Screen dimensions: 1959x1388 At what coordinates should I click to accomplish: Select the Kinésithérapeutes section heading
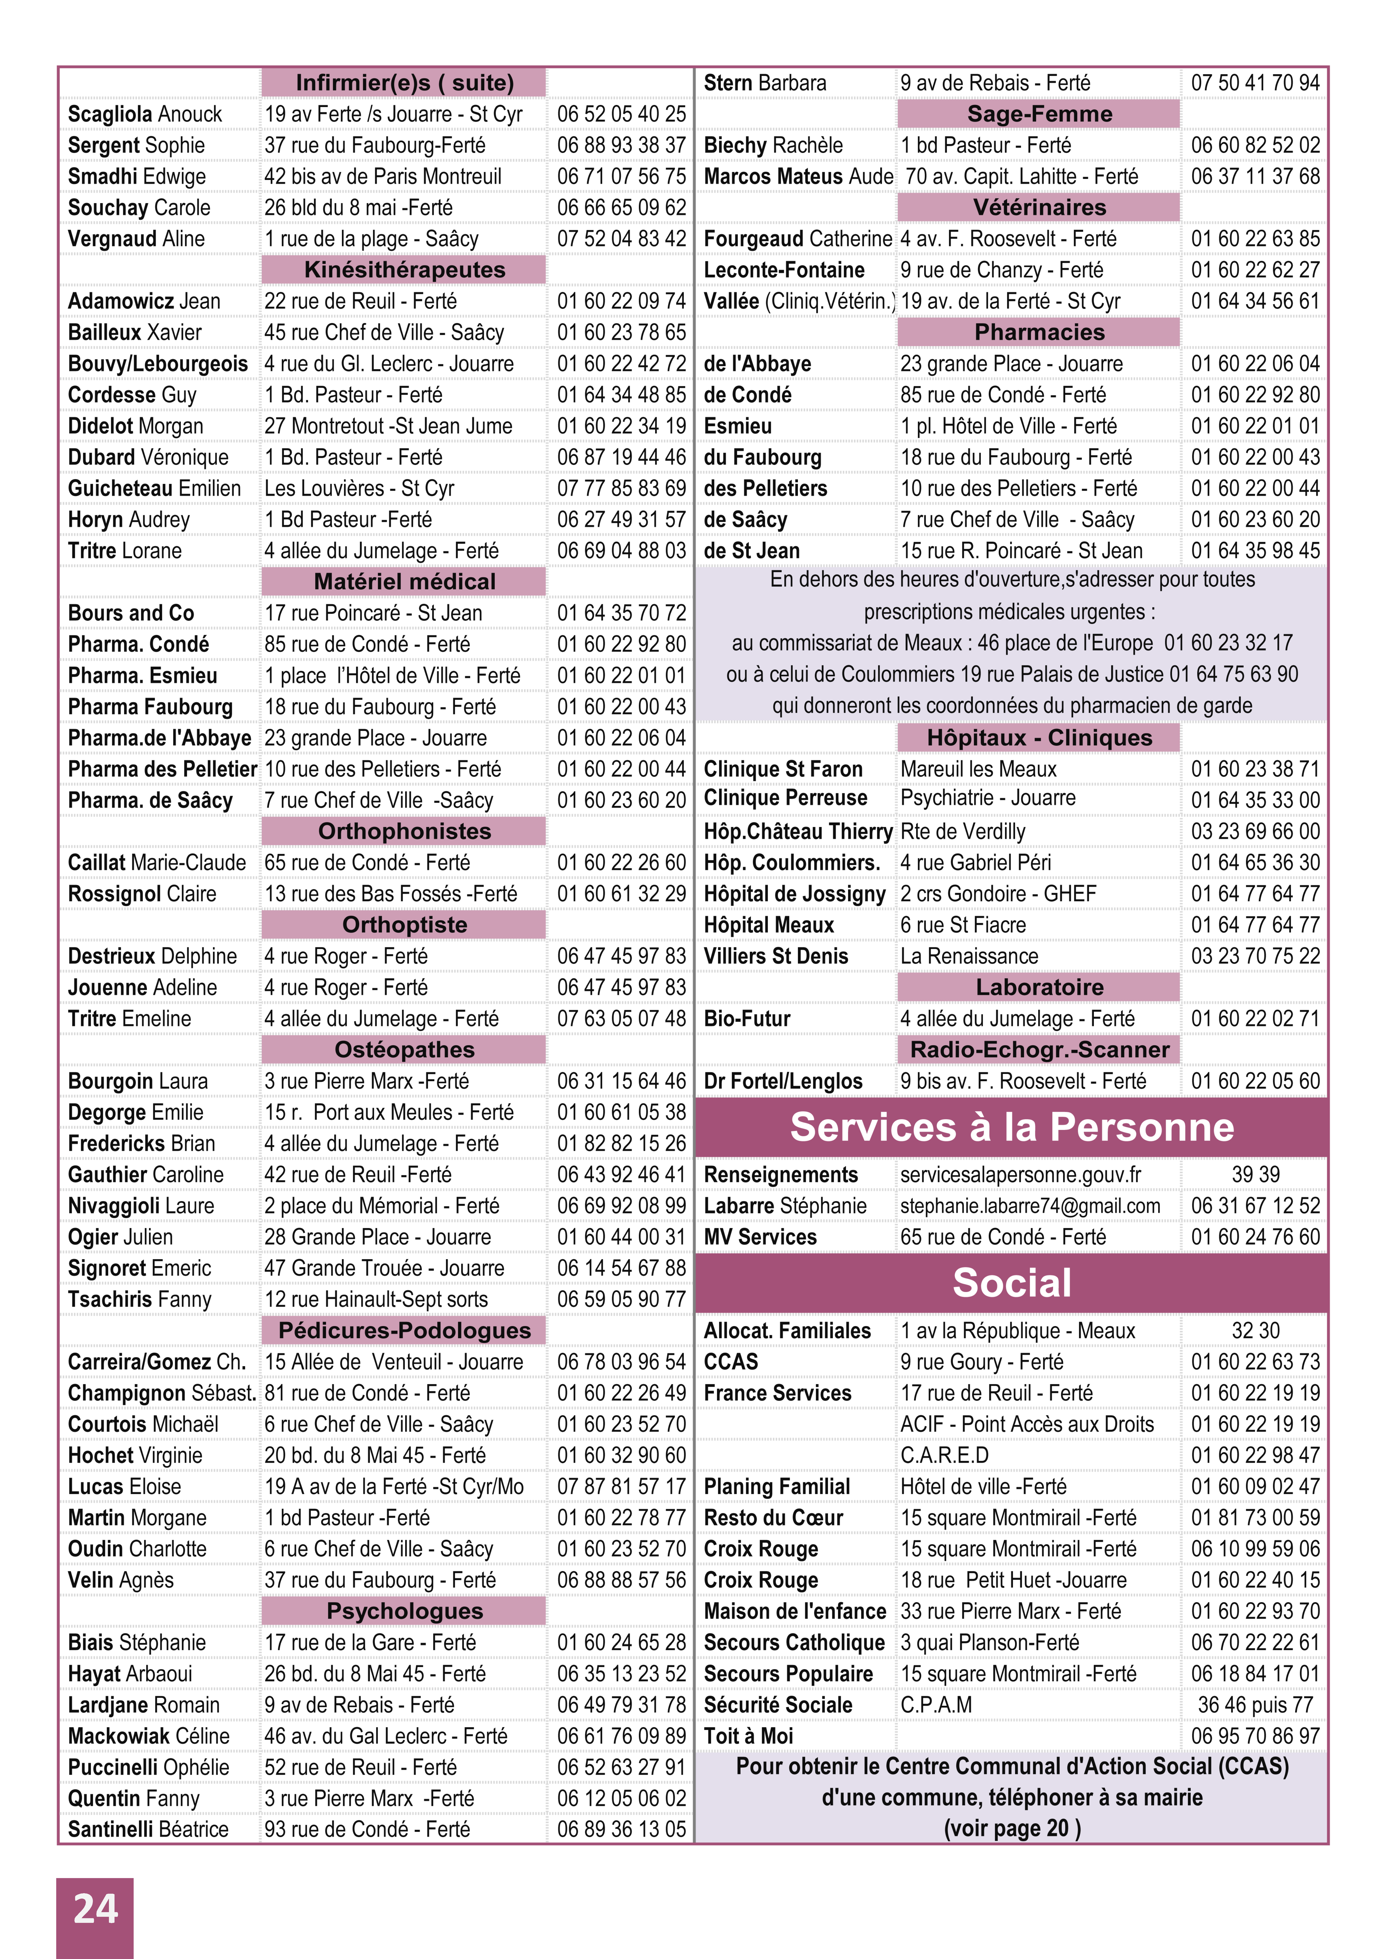(404, 270)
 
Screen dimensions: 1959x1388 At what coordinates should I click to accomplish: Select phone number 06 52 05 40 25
(621, 115)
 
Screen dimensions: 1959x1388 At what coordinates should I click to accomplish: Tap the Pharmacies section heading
(1039, 332)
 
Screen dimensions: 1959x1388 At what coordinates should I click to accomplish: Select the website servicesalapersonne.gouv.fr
(1020, 1175)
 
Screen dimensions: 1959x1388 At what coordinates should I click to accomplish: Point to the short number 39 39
(1255, 1175)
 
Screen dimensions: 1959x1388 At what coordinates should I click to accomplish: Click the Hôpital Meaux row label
(768, 925)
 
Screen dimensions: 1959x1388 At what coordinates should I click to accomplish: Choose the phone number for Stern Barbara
(1255, 83)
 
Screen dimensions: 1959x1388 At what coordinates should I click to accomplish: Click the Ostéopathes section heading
(404, 1050)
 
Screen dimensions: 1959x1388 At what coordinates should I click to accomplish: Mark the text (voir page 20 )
(1012, 1828)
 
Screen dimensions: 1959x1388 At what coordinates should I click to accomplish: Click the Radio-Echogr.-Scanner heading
(1039, 1050)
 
